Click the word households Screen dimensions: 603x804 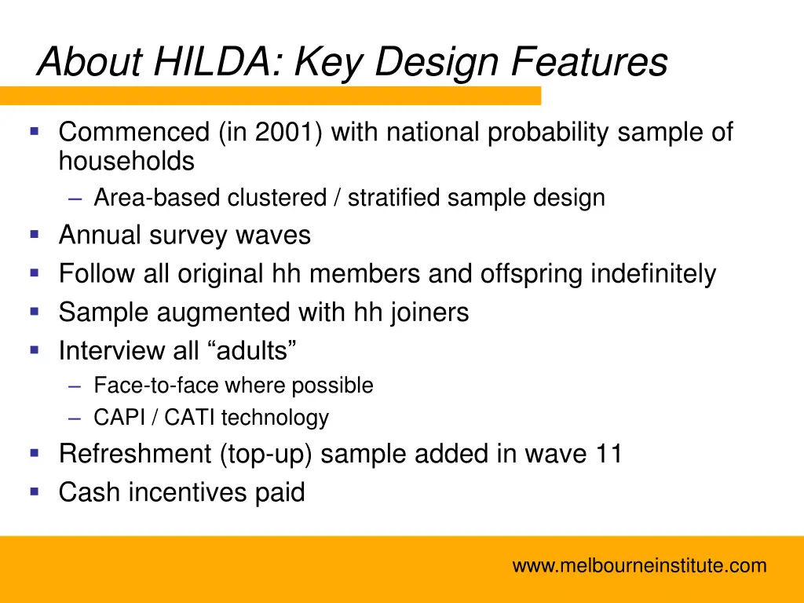click(x=126, y=162)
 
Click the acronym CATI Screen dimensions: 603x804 click(x=192, y=418)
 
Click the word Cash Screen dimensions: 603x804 click(x=90, y=493)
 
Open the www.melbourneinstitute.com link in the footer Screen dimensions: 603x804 click(x=639, y=565)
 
